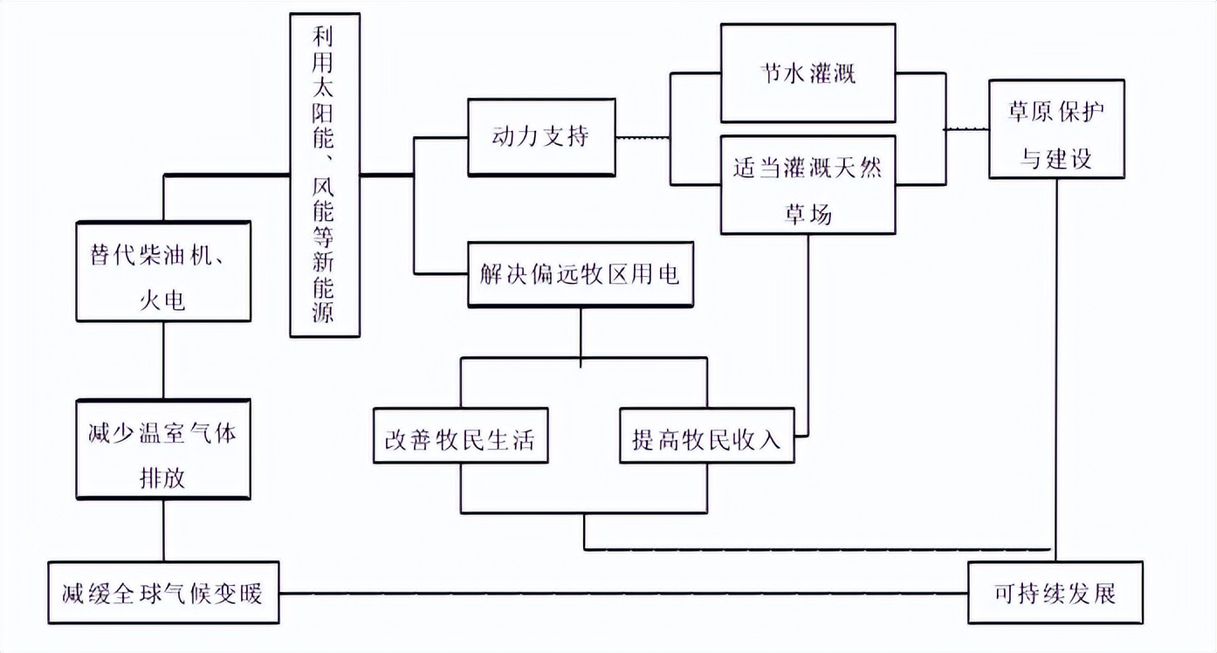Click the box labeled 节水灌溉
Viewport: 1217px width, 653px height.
808,72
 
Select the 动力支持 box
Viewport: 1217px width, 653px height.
541,137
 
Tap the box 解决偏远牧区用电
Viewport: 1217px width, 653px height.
581,274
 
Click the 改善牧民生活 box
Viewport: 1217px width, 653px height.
461,436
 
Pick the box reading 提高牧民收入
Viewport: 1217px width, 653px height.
707,436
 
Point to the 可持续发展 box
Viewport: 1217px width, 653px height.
1055,593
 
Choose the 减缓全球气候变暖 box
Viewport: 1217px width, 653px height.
163,593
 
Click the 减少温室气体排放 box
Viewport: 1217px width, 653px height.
163,450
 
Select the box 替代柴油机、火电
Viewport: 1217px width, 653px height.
163,272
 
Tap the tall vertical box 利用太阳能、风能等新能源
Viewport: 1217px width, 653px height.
325,175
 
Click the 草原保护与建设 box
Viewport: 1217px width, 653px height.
1056,128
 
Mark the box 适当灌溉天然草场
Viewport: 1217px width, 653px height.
808,185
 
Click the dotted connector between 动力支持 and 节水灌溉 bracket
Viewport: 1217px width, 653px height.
643,137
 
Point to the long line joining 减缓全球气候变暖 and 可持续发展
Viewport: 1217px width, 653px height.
623,594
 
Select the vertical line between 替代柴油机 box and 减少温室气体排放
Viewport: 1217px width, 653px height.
163,361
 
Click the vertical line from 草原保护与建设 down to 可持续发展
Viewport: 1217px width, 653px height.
1056,370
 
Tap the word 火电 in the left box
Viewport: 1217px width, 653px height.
162,300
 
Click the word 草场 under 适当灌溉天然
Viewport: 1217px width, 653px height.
808,215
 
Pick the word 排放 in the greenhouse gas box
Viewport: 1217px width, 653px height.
162,478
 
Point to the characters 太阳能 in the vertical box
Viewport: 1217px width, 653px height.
323,113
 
